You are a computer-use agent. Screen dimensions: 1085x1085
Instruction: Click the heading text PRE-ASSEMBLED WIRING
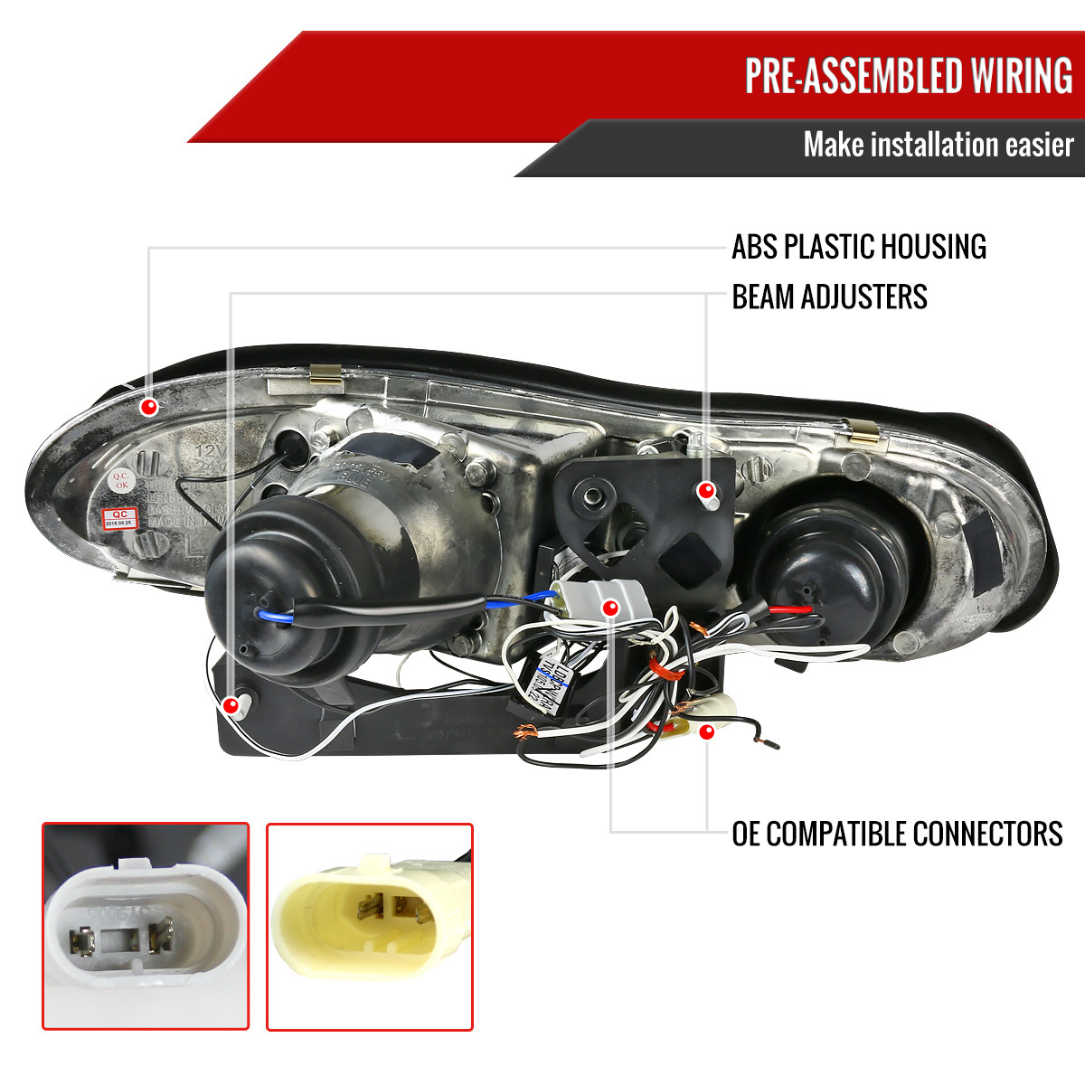coord(908,76)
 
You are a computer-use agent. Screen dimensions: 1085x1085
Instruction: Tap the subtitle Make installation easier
coord(938,145)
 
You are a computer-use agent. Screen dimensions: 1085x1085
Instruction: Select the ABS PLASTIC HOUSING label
coord(858,247)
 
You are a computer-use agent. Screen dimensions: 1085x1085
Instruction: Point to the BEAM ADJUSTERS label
coord(829,297)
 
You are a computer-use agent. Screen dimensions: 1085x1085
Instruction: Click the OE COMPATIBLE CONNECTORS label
coord(897,833)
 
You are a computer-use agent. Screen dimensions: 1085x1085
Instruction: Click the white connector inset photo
coord(146,926)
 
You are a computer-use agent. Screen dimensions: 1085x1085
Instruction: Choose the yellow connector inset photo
coord(370,926)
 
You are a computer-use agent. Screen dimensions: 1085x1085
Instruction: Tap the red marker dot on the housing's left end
coord(149,407)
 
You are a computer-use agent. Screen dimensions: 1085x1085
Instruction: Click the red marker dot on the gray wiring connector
coord(611,607)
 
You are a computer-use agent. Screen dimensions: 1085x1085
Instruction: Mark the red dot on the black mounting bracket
coord(705,491)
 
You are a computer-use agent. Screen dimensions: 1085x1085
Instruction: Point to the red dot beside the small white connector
coord(706,731)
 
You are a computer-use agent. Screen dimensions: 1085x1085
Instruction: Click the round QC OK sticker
coord(119,480)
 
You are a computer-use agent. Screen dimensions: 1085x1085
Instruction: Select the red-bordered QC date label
coord(120,518)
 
